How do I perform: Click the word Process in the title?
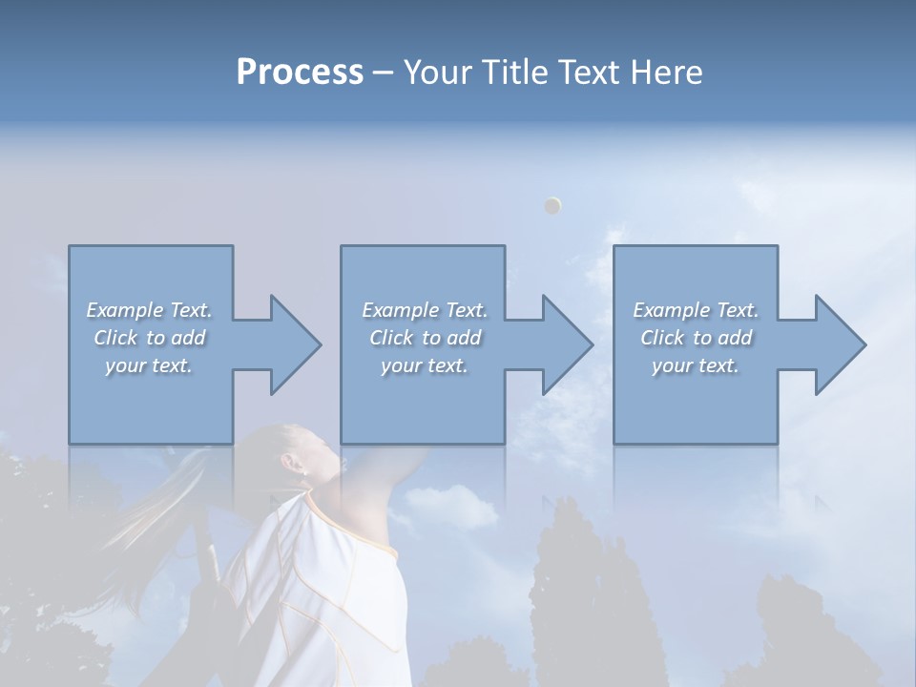pos(300,73)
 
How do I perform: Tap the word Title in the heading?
pos(511,73)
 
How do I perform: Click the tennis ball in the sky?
pos(552,205)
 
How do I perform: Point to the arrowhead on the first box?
pos(291,344)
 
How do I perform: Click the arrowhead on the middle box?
pos(563,344)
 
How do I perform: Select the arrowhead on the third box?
pos(836,344)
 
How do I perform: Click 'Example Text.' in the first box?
pos(150,310)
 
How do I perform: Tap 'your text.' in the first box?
pos(150,365)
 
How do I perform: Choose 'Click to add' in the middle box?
pos(425,338)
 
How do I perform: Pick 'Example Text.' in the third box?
pos(696,310)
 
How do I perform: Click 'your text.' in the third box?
pos(696,365)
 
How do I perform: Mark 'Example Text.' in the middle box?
pos(425,310)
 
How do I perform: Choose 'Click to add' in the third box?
pos(696,338)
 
